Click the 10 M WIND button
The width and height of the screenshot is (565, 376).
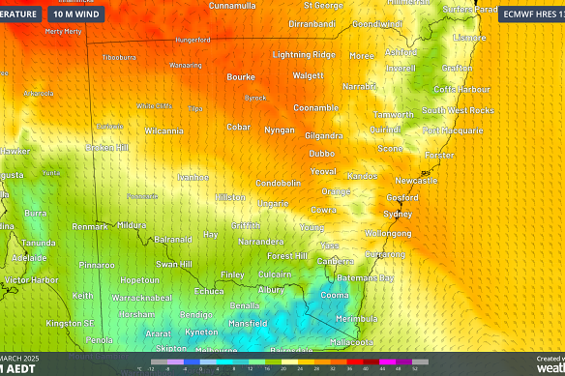click(79, 14)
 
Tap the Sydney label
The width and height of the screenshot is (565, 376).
click(398, 214)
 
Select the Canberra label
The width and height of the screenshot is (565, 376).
click(336, 261)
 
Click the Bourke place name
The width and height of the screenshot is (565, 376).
click(240, 76)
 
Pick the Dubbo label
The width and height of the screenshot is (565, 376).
click(322, 153)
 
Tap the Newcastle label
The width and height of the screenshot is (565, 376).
click(416, 180)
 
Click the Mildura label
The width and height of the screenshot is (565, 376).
click(132, 225)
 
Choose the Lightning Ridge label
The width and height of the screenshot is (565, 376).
click(304, 55)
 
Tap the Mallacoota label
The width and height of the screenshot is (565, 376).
click(351, 342)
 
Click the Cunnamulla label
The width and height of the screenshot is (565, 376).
click(232, 6)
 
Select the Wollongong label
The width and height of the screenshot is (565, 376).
click(387, 233)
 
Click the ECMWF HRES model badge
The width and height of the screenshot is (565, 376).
click(531, 14)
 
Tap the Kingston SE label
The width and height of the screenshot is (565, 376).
click(71, 323)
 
